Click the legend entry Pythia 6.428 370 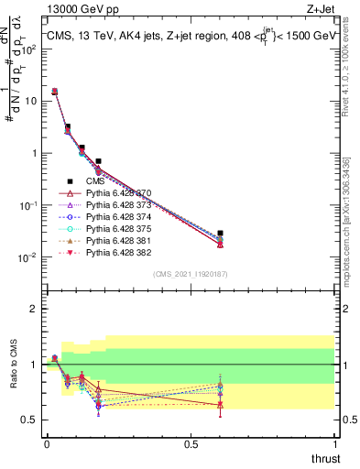click(119, 194)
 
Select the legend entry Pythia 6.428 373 click(119, 206)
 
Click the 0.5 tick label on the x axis click(191, 445)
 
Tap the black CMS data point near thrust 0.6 click(220, 234)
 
